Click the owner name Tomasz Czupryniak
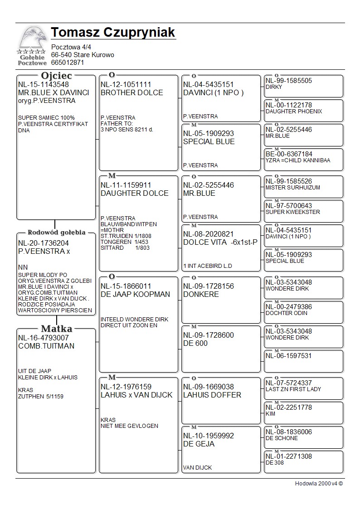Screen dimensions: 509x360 [x=113, y=33]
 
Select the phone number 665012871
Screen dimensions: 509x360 [x=68, y=63]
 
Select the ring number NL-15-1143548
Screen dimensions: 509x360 [x=44, y=84]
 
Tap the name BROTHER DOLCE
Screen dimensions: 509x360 [x=131, y=92]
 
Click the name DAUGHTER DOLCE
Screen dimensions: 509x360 [x=134, y=193]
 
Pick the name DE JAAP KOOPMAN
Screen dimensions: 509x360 [x=135, y=294]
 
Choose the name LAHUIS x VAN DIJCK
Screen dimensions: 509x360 [x=136, y=395]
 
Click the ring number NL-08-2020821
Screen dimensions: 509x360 [x=209, y=234]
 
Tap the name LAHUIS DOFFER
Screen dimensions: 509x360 [x=212, y=395]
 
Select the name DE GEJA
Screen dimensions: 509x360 [x=199, y=444]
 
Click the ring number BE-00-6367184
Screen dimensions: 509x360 [x=289, y=154]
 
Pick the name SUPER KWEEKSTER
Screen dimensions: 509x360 [x=292, y=212]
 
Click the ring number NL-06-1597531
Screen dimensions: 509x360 [x=289, y=356]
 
